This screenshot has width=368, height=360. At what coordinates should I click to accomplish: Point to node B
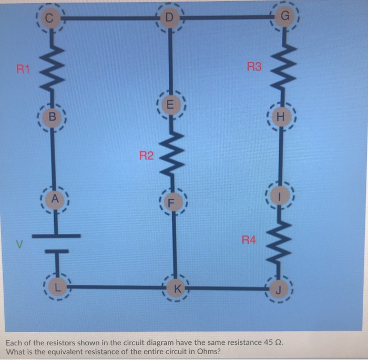click(51, 117)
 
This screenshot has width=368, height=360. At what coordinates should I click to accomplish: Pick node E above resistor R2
click(169, 104)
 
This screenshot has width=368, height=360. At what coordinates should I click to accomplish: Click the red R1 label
click(24, 68)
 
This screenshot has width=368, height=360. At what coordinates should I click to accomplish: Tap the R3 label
click(253, 67)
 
